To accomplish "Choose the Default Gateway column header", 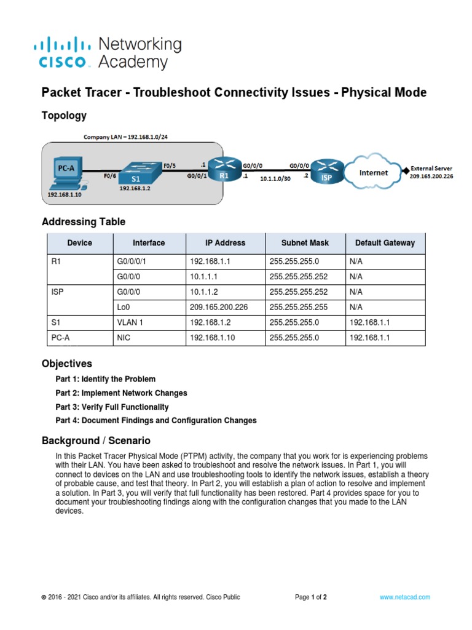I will coord(385,243).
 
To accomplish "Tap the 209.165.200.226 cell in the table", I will coord(218,307).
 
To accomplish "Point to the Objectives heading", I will coord(66,364).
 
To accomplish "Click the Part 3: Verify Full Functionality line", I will coord(112,407).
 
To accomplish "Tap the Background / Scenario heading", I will coord(95,441).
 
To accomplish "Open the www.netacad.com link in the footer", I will coord(404,597).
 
